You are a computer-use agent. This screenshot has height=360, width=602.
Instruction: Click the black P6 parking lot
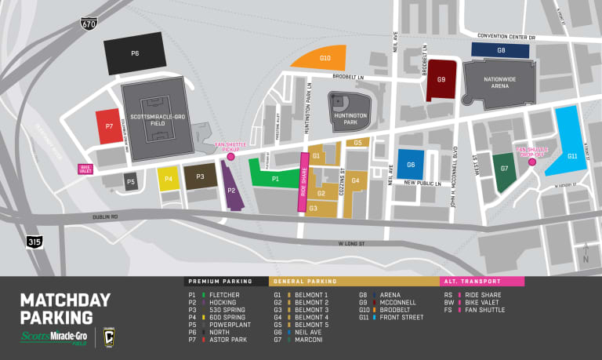(136, 54)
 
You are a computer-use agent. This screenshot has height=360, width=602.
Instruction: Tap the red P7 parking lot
(109, 127)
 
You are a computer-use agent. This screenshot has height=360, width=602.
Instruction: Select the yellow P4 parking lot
(169, 179)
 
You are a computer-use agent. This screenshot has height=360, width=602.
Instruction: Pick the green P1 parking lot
(274, 176)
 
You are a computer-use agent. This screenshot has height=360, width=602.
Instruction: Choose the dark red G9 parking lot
(441, 79)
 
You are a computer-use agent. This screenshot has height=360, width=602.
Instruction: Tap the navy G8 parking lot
(500, 50)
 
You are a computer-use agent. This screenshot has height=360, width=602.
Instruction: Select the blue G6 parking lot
(410, 165)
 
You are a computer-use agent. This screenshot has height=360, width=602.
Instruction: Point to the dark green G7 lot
(504, 170)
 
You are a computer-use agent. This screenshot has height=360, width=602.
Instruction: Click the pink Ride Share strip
(303, 188)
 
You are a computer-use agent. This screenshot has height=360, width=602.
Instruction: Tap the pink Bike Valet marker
(85, 168)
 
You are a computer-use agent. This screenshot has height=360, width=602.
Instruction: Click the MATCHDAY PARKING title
(56, 309)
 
